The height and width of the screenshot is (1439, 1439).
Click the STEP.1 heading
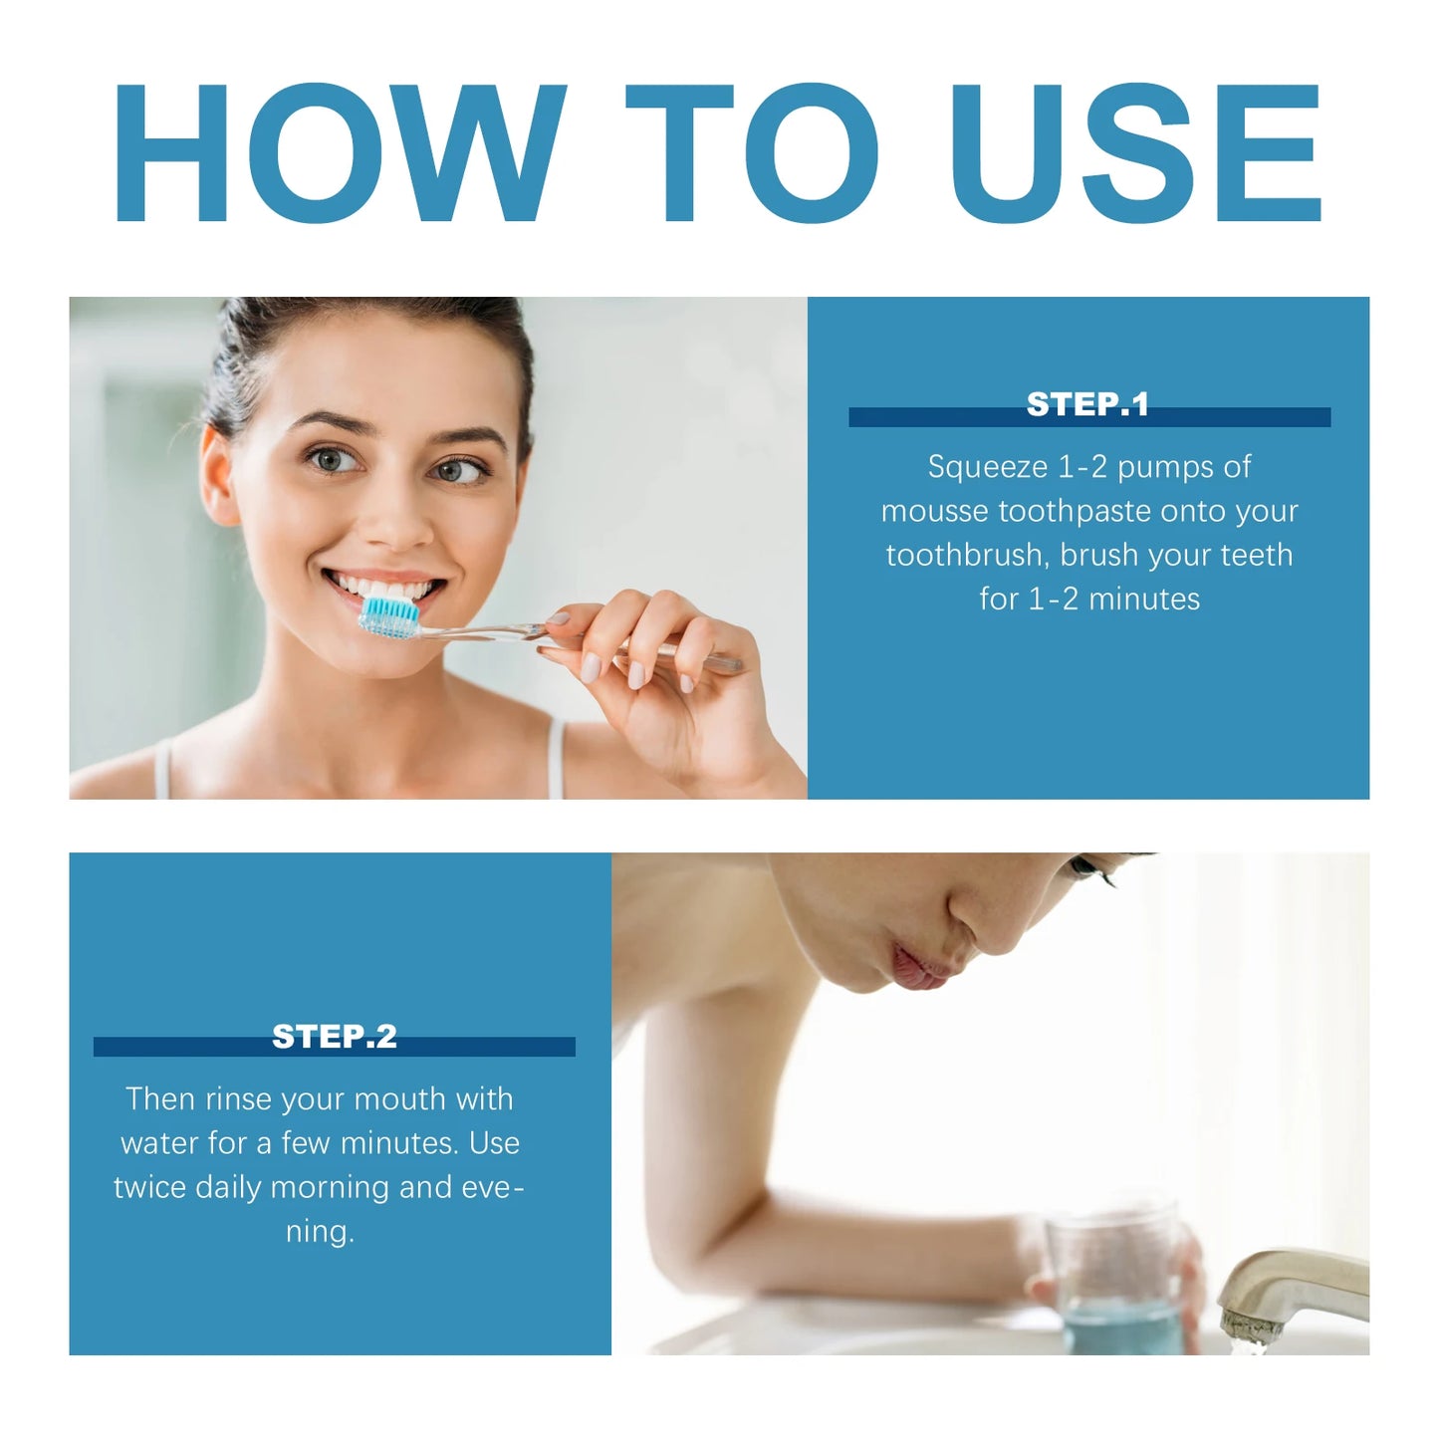1087,404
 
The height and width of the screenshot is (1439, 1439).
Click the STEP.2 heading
335,1037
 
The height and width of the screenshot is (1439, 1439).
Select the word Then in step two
161,1098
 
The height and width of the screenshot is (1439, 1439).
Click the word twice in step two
149,1187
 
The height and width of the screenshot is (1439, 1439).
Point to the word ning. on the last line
320,1232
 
